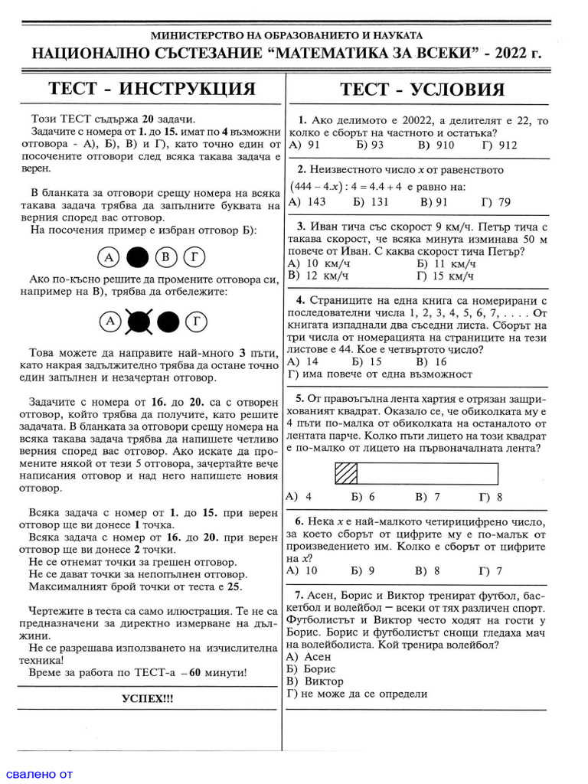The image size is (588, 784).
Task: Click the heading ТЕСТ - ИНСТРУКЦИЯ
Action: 152,89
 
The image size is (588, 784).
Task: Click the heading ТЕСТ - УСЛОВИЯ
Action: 422,89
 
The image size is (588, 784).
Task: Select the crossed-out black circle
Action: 138,322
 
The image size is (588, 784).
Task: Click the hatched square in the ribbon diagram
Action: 347,474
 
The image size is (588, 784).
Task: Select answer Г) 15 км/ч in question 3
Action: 445,276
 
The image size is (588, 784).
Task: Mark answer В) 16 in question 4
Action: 430,361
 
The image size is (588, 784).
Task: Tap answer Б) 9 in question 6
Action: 363,570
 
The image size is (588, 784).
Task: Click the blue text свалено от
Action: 37,773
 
